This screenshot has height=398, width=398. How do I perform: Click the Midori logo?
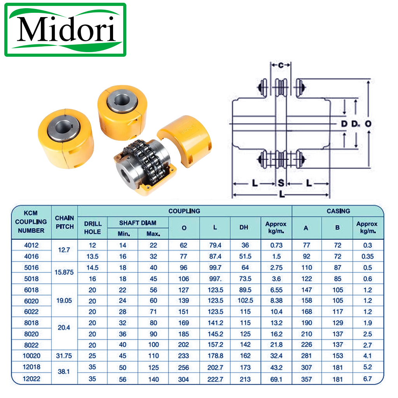pyautogui.click(x=65, y=30)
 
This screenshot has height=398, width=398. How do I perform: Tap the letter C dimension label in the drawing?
pyautogui.click(x=281, y=65)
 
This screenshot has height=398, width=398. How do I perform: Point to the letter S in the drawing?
pyautogui.click(x=281, y=183)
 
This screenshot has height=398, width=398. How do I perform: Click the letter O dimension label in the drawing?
pyautogui.click(x=368, y=124)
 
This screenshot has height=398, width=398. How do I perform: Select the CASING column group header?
pyautogui.click(x=338, y=211)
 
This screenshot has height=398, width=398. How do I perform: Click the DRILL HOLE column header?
pyautogui.click(x=93, y=228)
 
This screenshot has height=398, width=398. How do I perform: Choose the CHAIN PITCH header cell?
pyautogui.click(x=65, y=222)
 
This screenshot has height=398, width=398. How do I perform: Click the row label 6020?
pyautogui.click(x=31, y=301)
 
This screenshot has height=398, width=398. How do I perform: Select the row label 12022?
pyautogui.click(x=31, y=379)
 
